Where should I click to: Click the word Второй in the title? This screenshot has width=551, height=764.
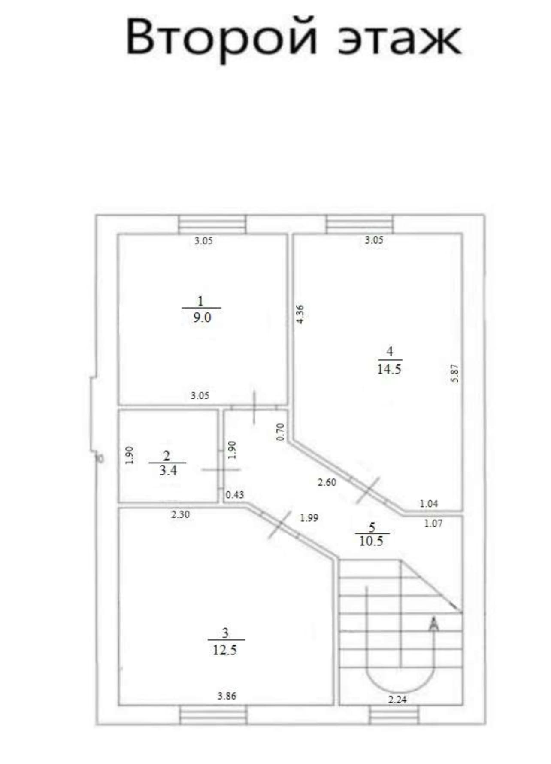point(221,38)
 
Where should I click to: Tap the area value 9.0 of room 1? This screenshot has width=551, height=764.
point(202,318)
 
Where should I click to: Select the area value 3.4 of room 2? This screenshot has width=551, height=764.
point(168,471)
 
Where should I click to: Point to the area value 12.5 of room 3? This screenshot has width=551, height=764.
point(225,650)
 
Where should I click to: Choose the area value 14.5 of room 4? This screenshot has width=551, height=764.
point(389,369)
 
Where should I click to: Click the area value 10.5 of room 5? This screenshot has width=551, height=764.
point(371,541)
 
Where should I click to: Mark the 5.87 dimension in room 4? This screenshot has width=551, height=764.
point(455,373)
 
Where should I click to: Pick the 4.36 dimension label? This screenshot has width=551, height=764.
point(300,314)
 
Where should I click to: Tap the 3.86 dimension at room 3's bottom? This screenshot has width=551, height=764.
point(227,696)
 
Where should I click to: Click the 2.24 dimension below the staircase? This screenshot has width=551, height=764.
point(397,700)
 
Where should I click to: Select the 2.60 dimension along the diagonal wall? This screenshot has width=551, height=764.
point(327,482)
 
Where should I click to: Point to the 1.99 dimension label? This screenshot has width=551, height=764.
point(309,518)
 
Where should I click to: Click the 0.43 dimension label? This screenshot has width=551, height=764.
point(235,495)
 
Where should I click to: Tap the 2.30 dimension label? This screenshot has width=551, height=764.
point(180,514)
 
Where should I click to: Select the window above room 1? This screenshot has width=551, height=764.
point(212,224)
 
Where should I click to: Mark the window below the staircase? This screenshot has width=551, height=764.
point(394,715)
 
